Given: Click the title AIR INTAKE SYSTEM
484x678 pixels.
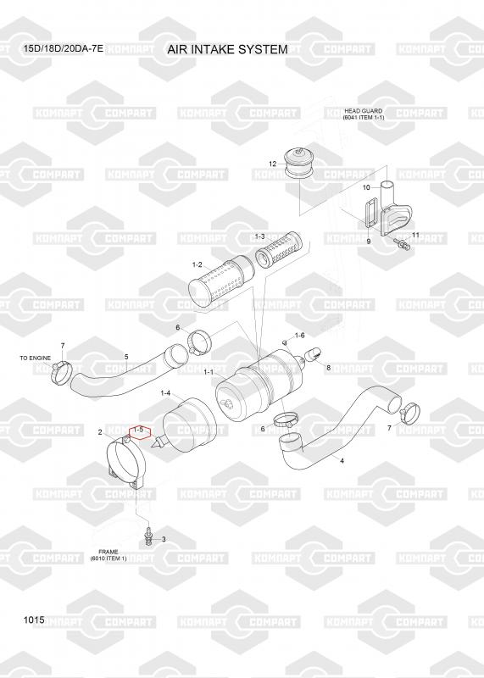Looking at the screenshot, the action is point(227,49).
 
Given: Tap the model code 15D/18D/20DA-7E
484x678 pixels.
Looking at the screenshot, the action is point(64,48).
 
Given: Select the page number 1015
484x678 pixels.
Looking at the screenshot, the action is point(34,620).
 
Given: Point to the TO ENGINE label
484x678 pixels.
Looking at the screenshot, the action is point(35,358).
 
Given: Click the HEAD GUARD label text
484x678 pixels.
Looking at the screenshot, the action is point(364,111).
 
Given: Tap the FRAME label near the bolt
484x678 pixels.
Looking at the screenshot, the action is point(108,552).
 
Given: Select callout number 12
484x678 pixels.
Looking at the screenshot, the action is point(272,164).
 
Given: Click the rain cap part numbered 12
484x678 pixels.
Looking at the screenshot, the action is point(299,164).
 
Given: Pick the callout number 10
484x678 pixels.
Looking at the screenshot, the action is point(366,187).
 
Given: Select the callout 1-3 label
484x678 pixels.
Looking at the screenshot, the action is point(259,236).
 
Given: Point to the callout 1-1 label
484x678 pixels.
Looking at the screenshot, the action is point(209,371).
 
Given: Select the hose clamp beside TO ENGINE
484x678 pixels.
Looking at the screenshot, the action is point(60,372).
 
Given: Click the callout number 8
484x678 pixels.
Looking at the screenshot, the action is point(329,368).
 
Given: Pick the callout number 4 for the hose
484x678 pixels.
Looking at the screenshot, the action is point(342,461).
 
